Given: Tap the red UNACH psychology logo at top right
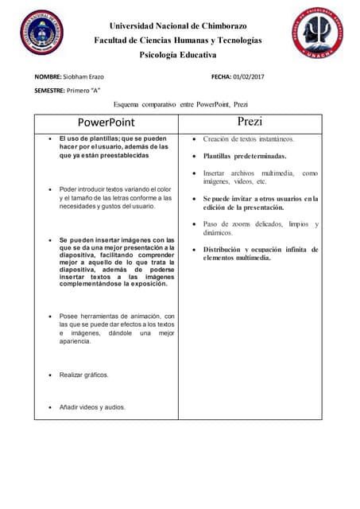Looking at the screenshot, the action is pos(317,33).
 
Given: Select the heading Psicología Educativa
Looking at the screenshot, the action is pos(178,55).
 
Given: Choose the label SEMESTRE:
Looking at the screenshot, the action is pos(49,91).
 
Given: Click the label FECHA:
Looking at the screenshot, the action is pos(220,76).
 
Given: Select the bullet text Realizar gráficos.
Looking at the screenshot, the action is pos(84,374).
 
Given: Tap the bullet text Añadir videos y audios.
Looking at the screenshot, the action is pos(92,407).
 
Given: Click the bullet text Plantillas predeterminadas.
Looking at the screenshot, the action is pos(244,156).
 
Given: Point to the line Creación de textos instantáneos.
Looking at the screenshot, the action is pos(248,139).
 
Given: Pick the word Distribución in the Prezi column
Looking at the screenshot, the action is pos(226,249).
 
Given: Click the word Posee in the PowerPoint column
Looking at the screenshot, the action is pos(69,316).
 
